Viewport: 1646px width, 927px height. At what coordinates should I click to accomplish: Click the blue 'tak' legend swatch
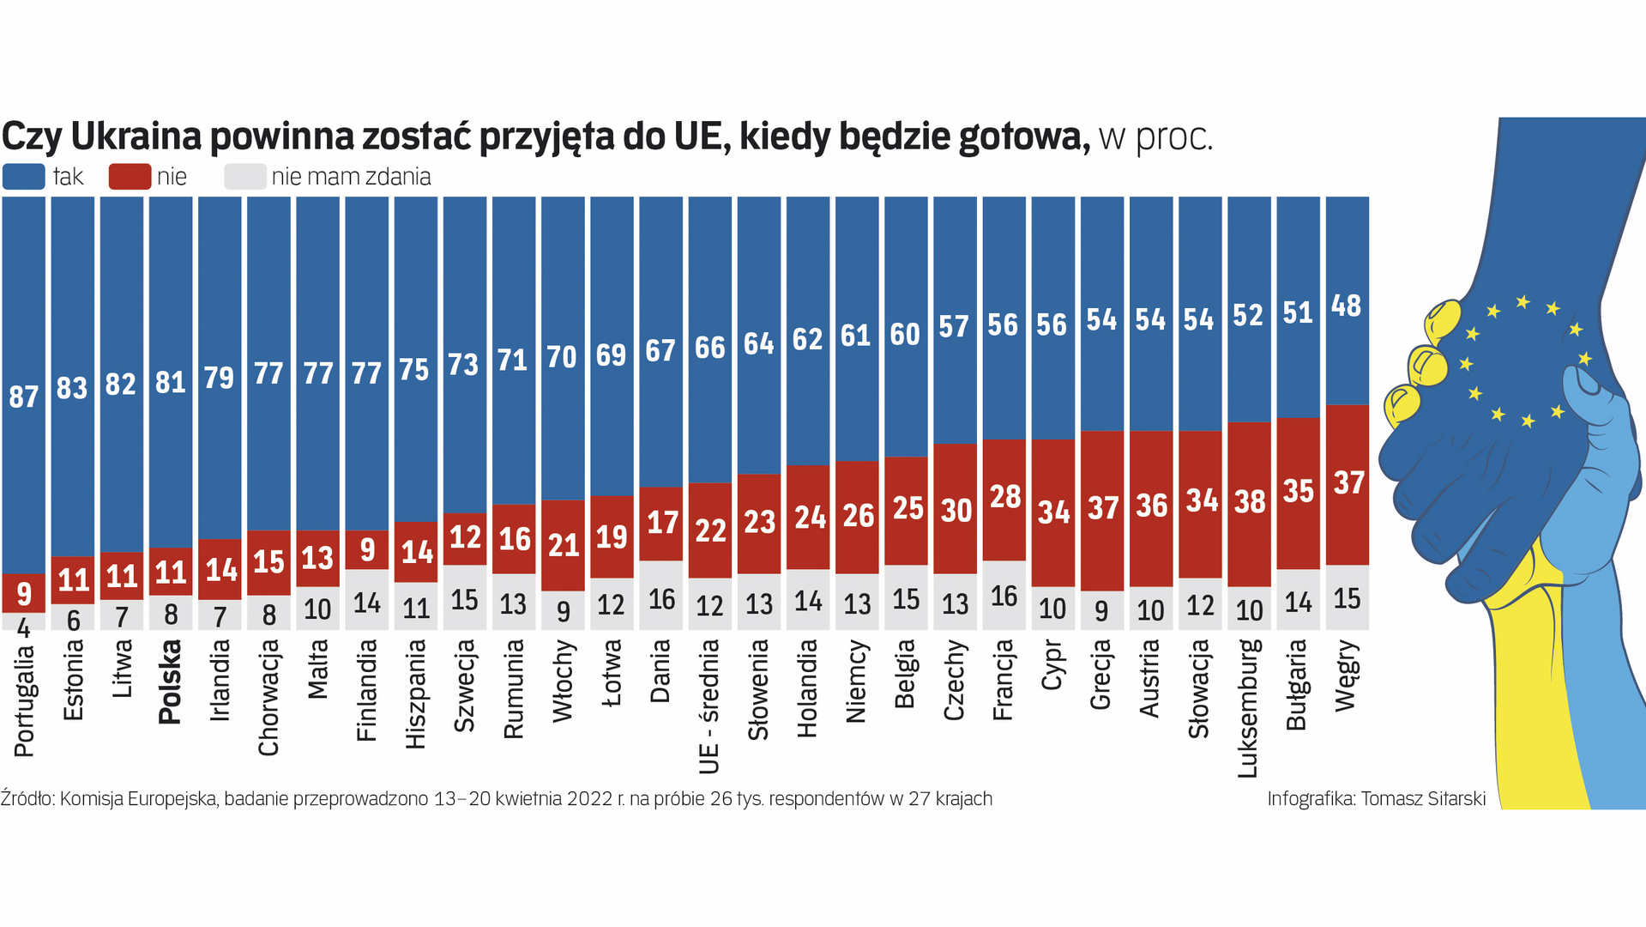(x=24, y=177)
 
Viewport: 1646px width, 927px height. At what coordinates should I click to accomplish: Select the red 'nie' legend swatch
(x=130, y=177)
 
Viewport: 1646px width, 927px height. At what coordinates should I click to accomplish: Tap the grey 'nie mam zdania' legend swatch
(x=244, y=177)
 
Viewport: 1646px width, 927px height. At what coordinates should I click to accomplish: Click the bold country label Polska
(x=171, y=682)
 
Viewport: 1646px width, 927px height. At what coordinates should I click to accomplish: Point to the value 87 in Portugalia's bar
(x=24, y=397)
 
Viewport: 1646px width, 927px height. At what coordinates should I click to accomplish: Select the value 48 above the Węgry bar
(x=1347, y=306)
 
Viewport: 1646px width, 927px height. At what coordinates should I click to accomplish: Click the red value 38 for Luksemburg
(x=1250, y=502)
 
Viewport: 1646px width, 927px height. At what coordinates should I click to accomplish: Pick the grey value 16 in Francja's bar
(x=1004, y=597)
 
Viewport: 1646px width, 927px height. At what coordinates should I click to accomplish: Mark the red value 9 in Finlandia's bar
(x=367, y=550)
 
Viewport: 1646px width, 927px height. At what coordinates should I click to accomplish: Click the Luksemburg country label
(x=1249, y=708)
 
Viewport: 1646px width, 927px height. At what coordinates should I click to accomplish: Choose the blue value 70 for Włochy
(x=563, y=357)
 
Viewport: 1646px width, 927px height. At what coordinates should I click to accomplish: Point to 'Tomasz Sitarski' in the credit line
(x=1423, y=799)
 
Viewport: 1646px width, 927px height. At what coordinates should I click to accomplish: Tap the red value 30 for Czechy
(x=956, y=511)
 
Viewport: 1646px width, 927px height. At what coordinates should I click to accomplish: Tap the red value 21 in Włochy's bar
(x=564, y=545)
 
